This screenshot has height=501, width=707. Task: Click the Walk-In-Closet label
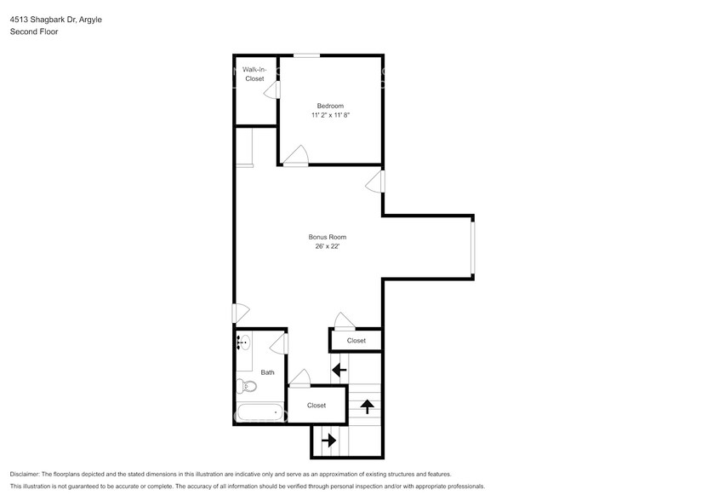pos(254,74)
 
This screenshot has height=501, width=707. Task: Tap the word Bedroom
pos(330,106)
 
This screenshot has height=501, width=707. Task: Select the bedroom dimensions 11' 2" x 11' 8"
pos(330,115)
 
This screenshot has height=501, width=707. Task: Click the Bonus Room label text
pos(327,237)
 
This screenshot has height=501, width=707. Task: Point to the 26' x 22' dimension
pos(327,247)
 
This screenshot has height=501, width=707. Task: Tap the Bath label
pos(268,372)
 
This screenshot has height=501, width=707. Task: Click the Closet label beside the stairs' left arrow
pos(356,341)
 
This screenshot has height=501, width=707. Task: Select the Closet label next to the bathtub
pos(316,406)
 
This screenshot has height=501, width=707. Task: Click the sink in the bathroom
pos(243,344)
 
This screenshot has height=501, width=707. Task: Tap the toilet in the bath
pos(248,386)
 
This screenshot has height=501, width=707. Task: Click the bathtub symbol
pos(259,413)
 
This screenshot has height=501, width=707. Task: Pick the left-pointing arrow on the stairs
pos(339,370)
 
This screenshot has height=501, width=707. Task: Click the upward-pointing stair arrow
pos(368,406)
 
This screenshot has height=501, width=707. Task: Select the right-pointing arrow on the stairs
pos(328,441)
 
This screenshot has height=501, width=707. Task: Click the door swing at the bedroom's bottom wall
pos(296,155)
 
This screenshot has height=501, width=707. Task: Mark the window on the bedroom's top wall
pos(307,56)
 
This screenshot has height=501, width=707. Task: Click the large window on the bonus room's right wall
pos(474,245)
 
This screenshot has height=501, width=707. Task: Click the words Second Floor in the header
pos(34,32)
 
